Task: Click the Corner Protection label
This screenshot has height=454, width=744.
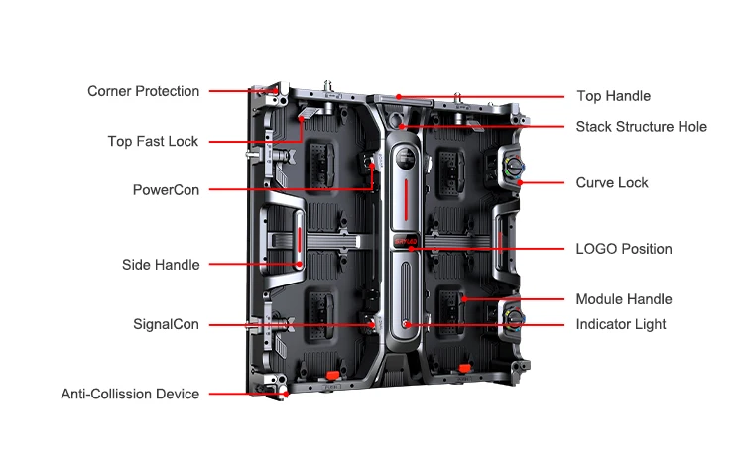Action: point(143,91)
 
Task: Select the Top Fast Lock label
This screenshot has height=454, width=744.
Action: point(153,141)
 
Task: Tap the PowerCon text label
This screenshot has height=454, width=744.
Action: point(166,189)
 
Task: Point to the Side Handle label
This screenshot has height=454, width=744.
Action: point(161,265)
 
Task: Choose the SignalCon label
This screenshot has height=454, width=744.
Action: point(167,324)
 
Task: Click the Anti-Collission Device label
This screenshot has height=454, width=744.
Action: point(130,394)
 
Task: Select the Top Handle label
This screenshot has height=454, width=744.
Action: point(613,96)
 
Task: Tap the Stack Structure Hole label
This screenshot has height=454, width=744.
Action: point(641,127)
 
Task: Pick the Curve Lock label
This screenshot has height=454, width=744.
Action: point(611,182)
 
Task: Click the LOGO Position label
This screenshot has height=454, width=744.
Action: point(623,249)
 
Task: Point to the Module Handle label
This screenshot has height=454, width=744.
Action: point(623,298)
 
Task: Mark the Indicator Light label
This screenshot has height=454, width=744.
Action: point(620,324)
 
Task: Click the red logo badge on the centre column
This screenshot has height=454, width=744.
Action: point(407,241)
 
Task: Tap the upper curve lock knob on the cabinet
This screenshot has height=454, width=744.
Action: point(514,168)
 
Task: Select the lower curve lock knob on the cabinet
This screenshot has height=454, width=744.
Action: point(514,317)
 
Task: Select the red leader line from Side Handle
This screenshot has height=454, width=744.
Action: point(253,265)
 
